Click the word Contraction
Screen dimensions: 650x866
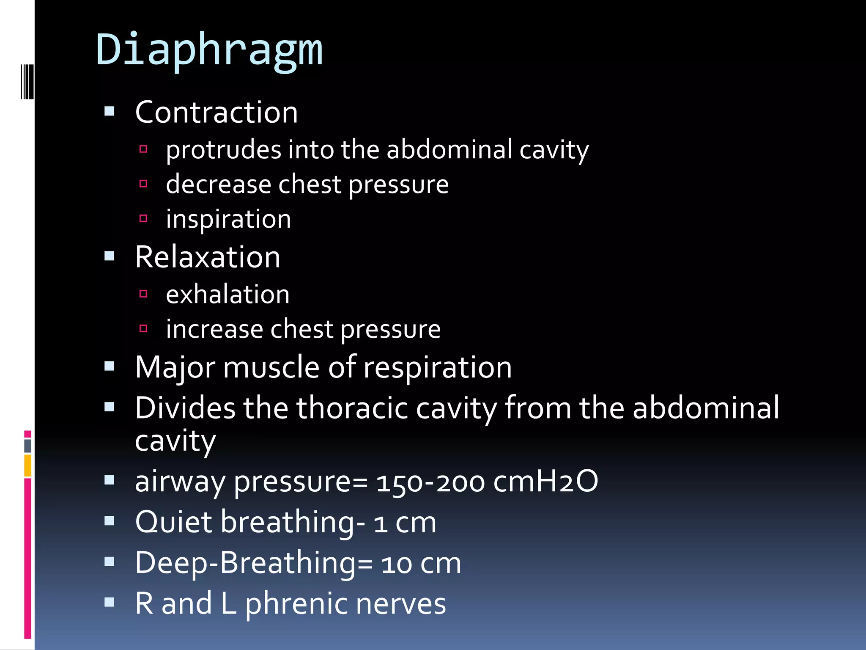216,113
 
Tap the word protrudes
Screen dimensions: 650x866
223,150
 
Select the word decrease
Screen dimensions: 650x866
218,185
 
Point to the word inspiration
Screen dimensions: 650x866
228,219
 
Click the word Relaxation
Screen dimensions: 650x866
208,257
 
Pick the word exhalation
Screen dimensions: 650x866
227,295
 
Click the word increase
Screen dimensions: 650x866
214,329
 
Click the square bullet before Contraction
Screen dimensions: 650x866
110,112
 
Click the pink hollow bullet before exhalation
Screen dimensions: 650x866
143,294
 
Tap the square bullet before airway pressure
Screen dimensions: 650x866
110,480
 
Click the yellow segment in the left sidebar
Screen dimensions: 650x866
27,465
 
